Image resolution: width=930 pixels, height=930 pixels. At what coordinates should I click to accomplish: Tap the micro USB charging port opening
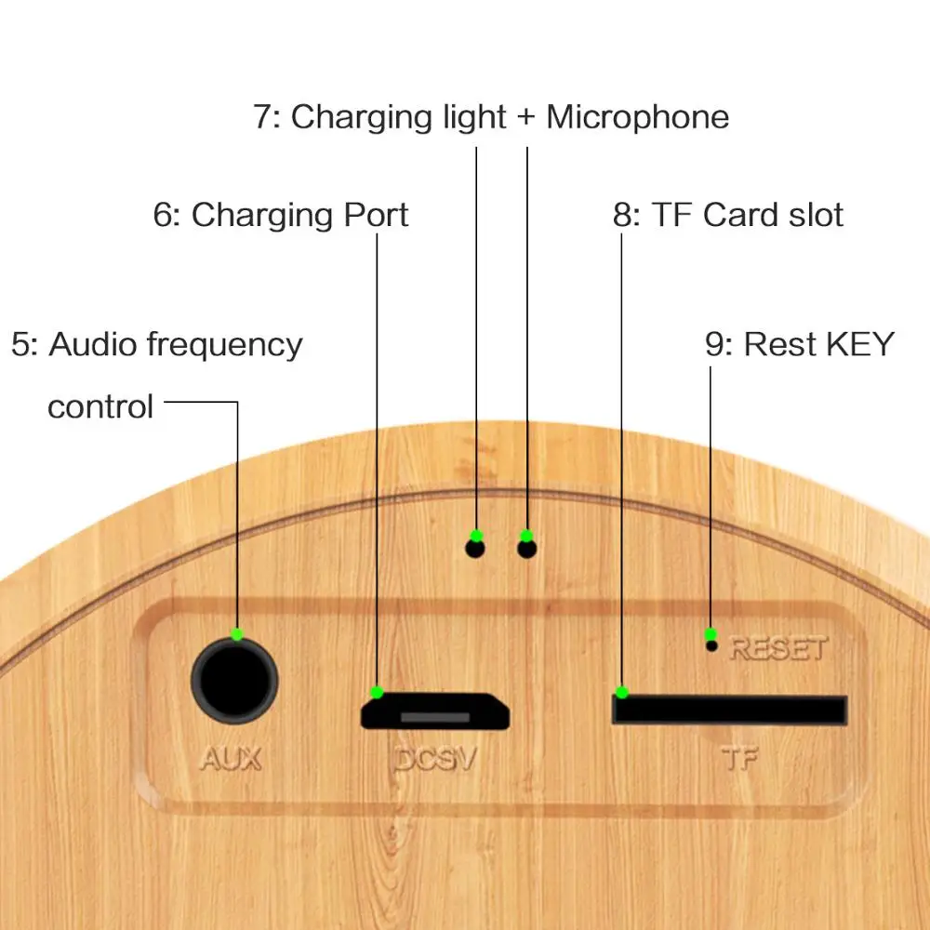[435, 711]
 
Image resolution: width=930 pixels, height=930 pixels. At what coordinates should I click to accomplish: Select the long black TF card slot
[729, 710]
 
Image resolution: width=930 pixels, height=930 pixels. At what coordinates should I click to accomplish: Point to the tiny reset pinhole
[712, 645]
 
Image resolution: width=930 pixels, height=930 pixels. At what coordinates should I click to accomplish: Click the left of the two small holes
[475, 549]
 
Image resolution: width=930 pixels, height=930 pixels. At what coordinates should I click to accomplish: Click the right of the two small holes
[527, 549]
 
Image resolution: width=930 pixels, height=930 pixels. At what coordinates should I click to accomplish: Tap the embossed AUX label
[230, 759]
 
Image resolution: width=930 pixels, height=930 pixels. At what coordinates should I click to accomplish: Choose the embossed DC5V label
[435, 760]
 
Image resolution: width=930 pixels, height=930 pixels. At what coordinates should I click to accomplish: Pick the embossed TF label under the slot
[740, 759]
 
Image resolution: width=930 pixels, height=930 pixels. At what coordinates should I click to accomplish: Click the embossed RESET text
[777, 647]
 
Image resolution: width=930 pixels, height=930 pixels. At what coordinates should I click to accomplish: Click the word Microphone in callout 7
[637, 117]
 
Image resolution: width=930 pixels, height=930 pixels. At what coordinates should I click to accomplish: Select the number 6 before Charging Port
[164, 215]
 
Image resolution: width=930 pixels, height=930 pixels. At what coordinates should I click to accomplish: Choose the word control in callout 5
[100, 406]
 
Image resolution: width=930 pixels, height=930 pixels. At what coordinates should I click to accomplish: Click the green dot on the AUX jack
[237, 633]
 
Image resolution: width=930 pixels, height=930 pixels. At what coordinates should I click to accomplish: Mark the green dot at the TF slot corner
[621, 692]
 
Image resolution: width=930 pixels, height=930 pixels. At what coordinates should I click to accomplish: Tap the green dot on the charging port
[377, 692]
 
